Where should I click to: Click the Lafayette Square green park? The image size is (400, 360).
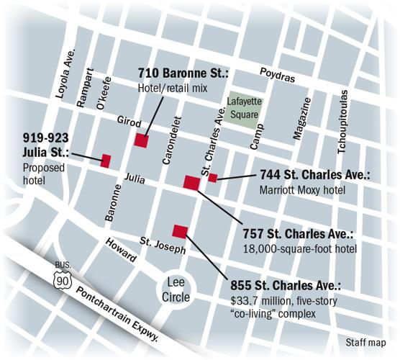tap(240, 112)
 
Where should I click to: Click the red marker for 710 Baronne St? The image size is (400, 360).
tap(141, 140)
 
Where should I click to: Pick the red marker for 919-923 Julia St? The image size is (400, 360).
tap(105, 161)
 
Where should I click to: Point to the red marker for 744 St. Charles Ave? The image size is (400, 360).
tap(212, 178)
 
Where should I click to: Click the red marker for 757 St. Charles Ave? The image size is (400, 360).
tap(191, 182)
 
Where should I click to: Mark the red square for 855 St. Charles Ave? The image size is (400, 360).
tap(180, 230)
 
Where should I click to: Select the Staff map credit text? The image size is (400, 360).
tap(365, 343)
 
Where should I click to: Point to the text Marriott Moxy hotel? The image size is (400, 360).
tap(302, 190)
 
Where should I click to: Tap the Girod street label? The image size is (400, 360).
tap(129, 123)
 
